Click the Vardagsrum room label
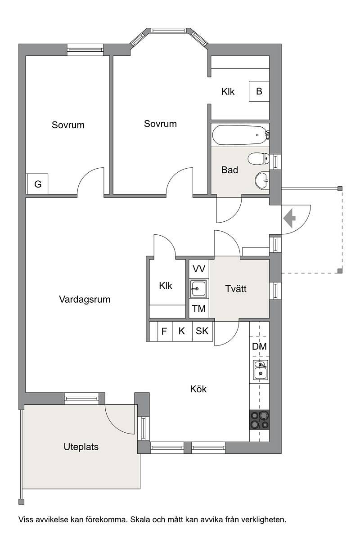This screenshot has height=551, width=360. click(x=85, y=300)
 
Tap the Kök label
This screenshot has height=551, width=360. click(x=198, y=389)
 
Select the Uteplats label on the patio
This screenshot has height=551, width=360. click(x=81, y=447)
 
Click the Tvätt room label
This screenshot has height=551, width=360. click(x=236, y=288)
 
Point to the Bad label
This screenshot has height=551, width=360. click(x=229, y=170)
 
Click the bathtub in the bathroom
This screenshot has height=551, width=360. click(x=240, y=135)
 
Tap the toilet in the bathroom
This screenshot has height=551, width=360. click(x=258, y=159)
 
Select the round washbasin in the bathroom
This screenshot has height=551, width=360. click(x=262, y=181)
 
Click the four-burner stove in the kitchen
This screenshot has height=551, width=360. click(x=259, y=420)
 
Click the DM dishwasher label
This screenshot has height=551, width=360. click(x=259, y=347)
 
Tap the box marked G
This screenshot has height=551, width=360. click(x=37, y=184)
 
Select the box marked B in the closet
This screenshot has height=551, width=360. click(x=259, y=91)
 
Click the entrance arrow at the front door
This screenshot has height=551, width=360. click(x=289, y=218)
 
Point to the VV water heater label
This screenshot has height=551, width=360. click(x=199, y=269)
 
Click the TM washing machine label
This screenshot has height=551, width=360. click(x=199, y=309)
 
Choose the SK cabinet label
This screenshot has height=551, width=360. click(x=202, y=331)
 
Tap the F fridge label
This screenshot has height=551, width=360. click(x=164, y=331)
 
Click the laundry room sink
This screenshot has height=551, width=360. click(x=198, y=288)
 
